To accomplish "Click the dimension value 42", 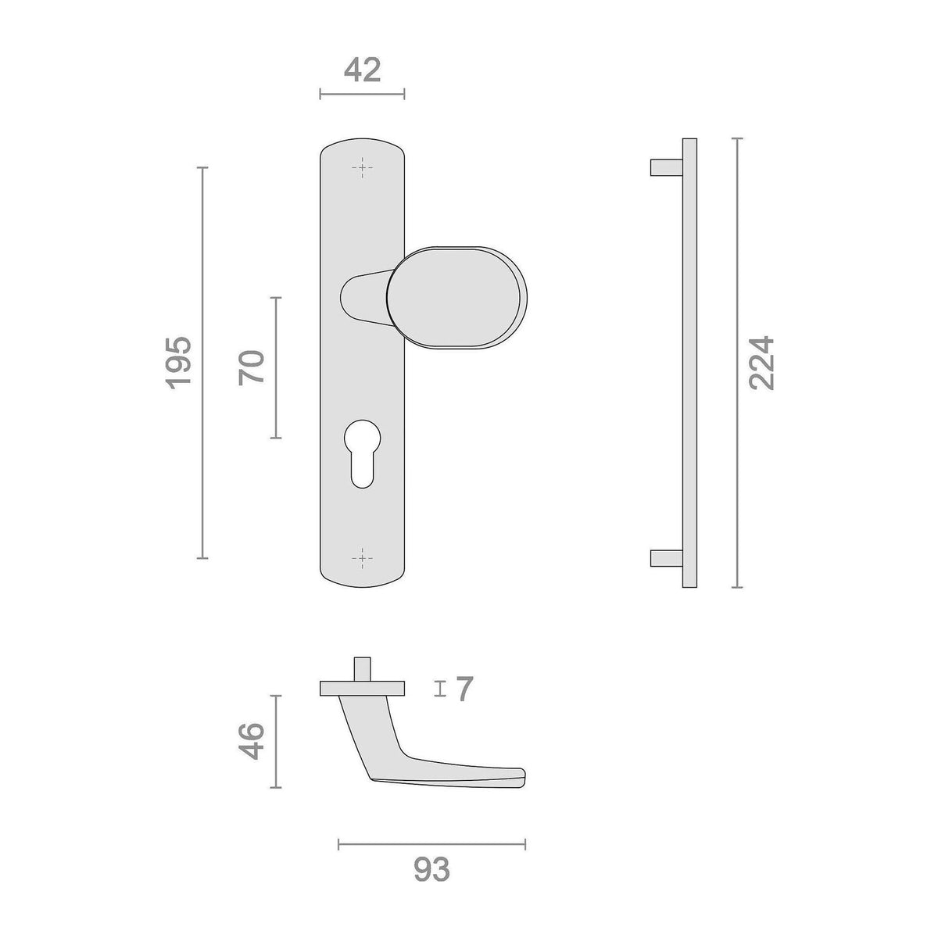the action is (362, 70).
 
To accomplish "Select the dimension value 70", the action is (251, 367).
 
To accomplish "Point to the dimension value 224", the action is (761, 363).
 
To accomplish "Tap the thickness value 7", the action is (465, 689).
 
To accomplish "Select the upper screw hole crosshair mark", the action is (362, 167).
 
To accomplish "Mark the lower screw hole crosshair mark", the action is (362, 558).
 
